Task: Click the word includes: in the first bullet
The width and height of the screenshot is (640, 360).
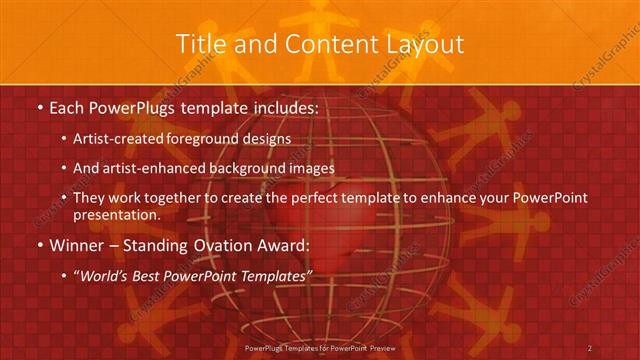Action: coord(285,107)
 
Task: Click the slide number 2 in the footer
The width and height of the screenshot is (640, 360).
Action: coord(589,347)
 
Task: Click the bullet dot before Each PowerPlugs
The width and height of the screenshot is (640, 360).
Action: coord(39,107)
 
